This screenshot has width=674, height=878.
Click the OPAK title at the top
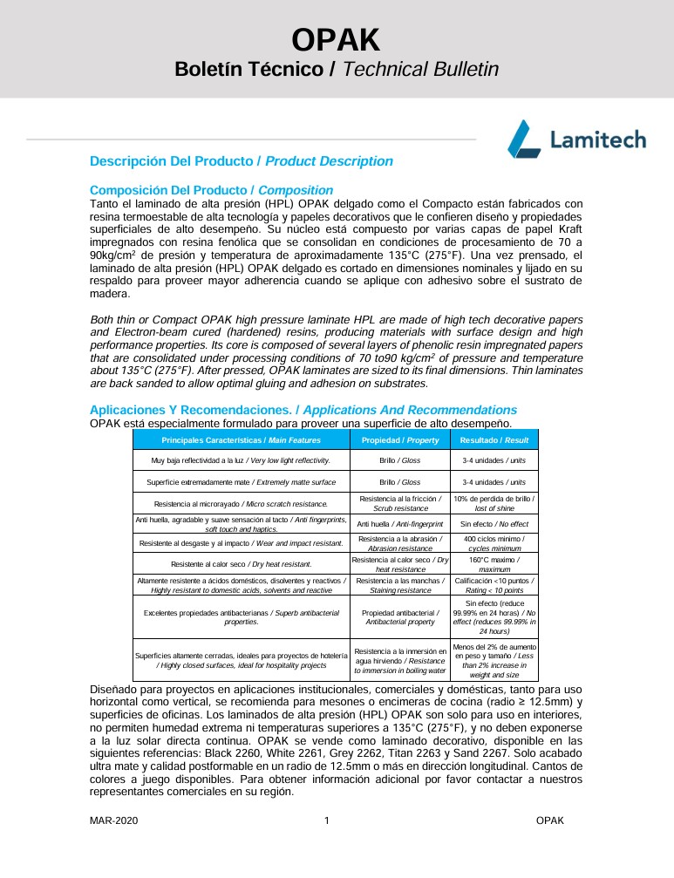[336, 39]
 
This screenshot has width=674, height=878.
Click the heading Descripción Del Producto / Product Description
[242, 161]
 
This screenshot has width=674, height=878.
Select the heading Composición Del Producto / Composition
[212, 190]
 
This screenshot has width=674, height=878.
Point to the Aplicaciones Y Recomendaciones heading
[303, 410]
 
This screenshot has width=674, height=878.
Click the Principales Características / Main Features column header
[241, 440]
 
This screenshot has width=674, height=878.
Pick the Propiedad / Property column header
[399, 440]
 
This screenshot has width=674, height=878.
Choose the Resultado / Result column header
[494, 440]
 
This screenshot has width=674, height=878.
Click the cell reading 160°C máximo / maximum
[494, 564]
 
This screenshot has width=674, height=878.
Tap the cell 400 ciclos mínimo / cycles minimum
[494, 543]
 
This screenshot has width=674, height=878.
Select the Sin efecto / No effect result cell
[494, 524]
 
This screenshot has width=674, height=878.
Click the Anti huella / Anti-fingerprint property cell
[399, 524]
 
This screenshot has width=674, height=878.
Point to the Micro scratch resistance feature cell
[241, 503]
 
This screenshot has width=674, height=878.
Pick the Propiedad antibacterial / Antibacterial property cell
[399, 617]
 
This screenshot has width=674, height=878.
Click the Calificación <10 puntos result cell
[494, 585]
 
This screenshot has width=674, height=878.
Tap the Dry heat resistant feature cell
[241, 564]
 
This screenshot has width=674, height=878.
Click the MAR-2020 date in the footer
[113, 820]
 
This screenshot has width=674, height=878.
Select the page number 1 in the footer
[326, 820]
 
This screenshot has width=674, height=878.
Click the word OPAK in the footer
[550, 820]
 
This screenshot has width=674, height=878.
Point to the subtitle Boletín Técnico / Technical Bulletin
[337, 70]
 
